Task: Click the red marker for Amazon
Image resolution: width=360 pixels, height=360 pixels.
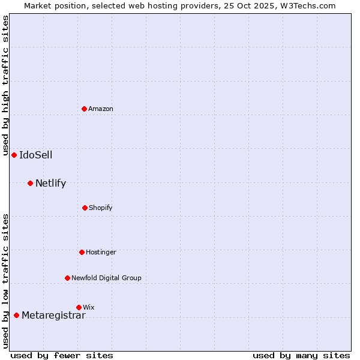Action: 85,109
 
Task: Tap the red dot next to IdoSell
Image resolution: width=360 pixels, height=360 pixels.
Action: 14,155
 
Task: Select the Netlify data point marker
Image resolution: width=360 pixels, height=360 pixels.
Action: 30,183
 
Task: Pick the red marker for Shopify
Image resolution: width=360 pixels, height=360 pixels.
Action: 85,208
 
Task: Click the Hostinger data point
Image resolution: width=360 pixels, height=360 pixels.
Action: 82,252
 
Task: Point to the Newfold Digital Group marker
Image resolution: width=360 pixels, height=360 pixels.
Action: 67,278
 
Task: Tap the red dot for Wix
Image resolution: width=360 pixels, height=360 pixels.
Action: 79,307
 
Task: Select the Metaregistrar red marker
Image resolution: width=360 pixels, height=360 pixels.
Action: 16,315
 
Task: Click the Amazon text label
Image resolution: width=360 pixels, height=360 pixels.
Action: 101,109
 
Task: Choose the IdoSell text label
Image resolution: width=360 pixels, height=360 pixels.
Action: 35,155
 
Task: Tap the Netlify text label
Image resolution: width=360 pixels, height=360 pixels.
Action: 50,183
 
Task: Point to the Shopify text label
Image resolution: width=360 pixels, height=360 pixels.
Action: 101,208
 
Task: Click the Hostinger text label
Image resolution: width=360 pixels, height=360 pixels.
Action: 101,252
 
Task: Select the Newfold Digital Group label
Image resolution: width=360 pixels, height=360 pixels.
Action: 106,278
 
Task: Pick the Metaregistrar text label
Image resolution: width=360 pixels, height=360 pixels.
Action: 53,316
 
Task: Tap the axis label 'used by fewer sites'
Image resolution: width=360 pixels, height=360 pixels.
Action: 62,355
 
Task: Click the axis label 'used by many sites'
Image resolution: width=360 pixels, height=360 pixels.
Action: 301,355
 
